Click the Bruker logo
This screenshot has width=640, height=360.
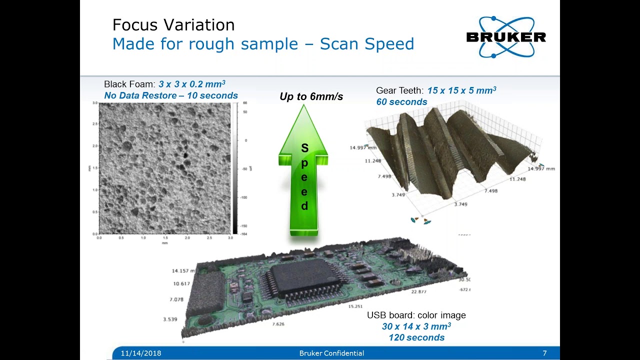click(x=505, y=37)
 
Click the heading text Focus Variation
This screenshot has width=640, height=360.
click(x=173, y=25)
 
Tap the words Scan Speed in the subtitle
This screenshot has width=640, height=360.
click(x=367, y=44)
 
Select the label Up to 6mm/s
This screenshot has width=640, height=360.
click(x=311, y=96)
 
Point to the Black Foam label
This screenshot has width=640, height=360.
click(x=129, y=84)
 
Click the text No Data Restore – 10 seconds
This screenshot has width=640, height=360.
click(x=171, y=95)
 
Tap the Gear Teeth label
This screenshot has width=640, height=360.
click(x=399, y=90)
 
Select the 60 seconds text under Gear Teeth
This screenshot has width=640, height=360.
click(x=401, y=102)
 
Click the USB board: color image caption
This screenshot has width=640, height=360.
click(x=416, y=315)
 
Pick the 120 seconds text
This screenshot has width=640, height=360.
click(x=416, y=337)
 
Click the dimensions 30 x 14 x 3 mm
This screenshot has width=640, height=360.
click(x=416, y=326)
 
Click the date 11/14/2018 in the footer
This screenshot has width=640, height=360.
click(x=141, y=353)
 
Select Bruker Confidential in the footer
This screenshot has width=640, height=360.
click(x=331, y=353)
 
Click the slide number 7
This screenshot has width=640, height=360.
click(x=544, y=353)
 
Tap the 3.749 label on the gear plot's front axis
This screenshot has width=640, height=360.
click(x=460, y=204)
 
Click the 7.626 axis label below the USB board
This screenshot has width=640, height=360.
click(x=278, y=324)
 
